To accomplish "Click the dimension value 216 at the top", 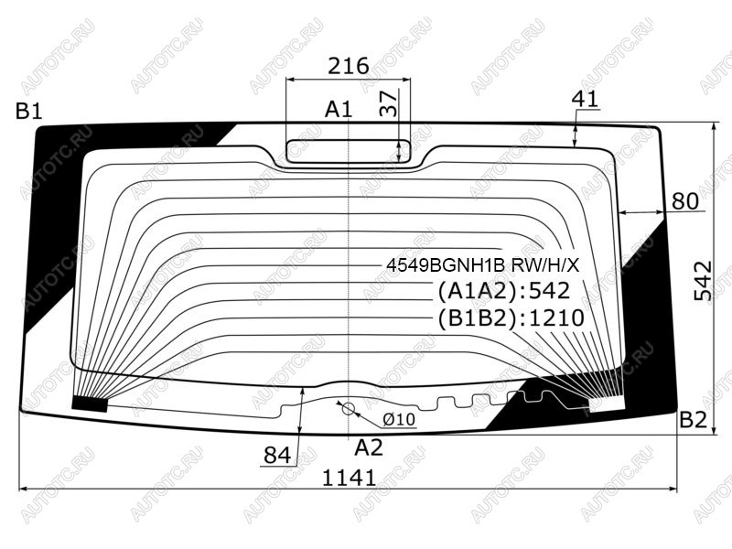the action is coord(349,66).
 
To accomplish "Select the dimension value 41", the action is coord(585,99).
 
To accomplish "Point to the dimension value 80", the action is coord(684,201).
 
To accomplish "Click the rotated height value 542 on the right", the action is coord(704,280).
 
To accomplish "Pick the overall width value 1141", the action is coord(350,478).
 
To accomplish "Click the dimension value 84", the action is coord(277,455).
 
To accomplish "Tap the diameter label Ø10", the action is coord(399,419).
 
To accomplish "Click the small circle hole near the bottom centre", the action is coord(349,409).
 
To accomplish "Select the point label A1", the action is coord(339,110).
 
